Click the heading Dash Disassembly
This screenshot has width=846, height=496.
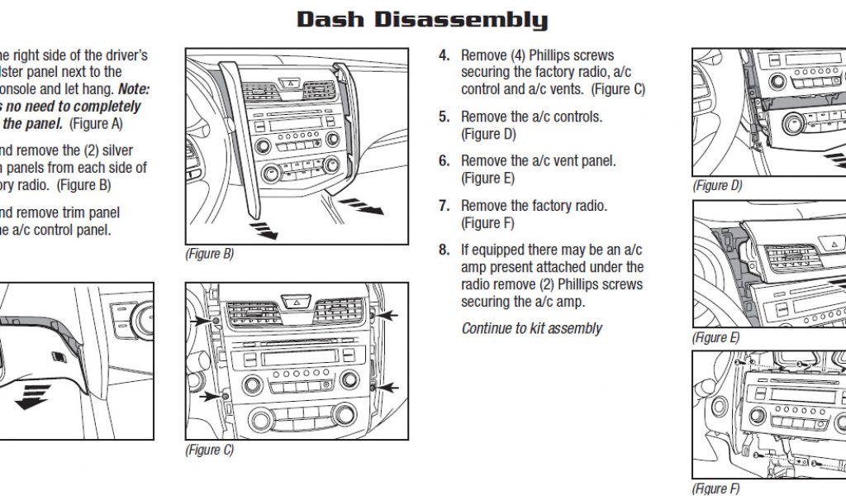(x=422, y=20)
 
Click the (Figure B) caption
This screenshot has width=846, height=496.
(x=209, y=254)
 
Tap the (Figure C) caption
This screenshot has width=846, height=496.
(x=209, y=451)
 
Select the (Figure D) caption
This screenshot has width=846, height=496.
(x=716, y=186)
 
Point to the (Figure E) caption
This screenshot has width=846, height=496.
(x=715, y=338)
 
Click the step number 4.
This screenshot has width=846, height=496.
(x=444, y=55)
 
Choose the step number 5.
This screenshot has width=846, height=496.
(x=444, y=117)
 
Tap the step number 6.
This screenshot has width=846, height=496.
(x=444, y=161)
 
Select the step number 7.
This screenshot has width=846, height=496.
(x=444, y=206)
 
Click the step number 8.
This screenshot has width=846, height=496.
(x=444, y=250)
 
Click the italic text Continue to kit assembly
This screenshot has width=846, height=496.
(x=531, y=328)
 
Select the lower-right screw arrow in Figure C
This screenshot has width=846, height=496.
(x=387, y=387)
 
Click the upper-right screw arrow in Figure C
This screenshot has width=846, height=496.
(x=387, y=315)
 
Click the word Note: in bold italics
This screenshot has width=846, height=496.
(x=133, y=88)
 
